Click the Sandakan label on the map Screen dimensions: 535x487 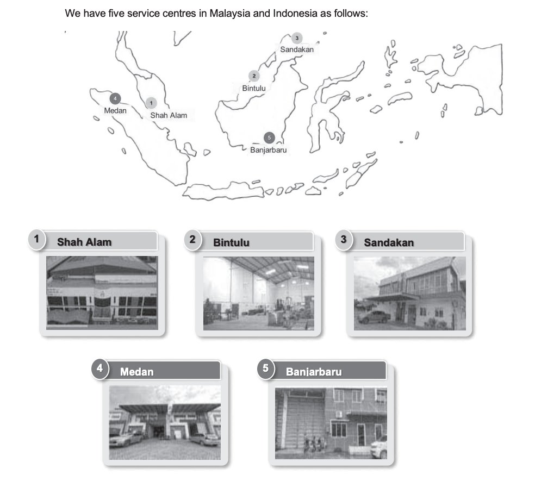point(297,49)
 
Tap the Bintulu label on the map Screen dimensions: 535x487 point(254,89)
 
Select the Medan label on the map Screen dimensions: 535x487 point(115,111)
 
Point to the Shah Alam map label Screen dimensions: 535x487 point(169,116)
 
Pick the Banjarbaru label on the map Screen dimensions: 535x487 point(269,150)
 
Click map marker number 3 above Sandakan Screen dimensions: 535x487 point(297,38)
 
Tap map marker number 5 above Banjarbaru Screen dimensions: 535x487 point(269,138)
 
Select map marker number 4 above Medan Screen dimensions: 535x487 point(115,98)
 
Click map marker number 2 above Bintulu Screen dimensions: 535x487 point(254,76)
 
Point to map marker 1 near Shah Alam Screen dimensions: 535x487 point(151,103)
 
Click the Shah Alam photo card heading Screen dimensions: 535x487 point(84,242)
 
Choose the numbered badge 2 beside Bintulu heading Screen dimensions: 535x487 point(193,239)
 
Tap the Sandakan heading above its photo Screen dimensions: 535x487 point(389,242)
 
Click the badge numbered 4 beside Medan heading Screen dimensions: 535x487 point(100,369)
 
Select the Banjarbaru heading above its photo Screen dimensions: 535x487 point(314,372)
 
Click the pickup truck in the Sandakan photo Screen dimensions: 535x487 point(374,317)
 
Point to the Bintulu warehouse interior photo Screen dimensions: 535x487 point(259,294)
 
